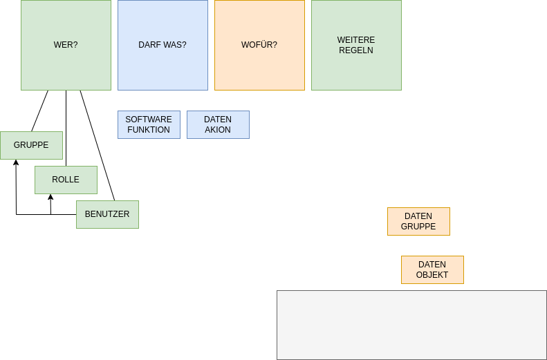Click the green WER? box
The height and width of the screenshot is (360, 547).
tap(66, 45)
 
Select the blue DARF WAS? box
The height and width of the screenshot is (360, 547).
tap(163, 45)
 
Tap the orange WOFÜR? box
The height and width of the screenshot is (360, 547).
tap(259, 45)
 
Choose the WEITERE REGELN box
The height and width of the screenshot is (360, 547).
tap(356, 45)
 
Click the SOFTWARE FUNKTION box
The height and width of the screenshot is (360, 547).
tap(149, 124)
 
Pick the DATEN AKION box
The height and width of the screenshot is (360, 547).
tap(218, 124)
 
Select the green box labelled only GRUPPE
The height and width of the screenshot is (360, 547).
tap(31, 145)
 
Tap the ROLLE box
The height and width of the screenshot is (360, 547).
tap(66, 180)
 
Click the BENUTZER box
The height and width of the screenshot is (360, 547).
tap(107, 214)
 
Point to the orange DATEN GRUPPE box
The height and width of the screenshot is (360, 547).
tap(418, 221)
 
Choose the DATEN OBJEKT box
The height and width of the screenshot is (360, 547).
tap(432, 269)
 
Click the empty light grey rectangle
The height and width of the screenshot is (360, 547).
tap(411, 325)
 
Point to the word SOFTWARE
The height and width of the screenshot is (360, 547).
tap(149, 120)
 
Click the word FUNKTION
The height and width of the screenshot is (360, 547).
tap(149, 130)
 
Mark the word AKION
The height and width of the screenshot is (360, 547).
tap(218, 130)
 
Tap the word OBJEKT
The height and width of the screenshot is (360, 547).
tap(432, 275)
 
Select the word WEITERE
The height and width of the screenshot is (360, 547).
tap(356, 40)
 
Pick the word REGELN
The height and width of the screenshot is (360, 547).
tap(356, 50)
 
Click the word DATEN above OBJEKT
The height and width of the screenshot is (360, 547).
tap(432, 265)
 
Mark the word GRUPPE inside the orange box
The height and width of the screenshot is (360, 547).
tap(418, 227)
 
